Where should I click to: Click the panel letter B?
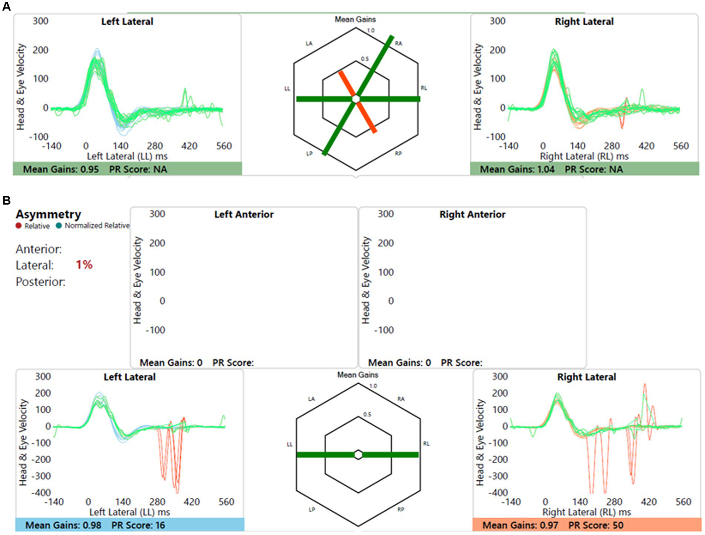point(6,200)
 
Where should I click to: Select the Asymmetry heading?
point(48,214)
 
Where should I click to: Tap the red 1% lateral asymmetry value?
point(84,265)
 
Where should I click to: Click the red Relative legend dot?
point(18,226)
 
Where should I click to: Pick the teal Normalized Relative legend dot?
point(59,226)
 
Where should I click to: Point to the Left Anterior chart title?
point(243,215)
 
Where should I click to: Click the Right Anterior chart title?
point(472,215)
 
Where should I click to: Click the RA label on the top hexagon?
point(398,44)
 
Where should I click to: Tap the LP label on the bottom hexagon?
point(312,510)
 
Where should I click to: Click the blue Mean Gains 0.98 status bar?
point(130,525)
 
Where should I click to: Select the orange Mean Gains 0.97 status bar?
point(587,525)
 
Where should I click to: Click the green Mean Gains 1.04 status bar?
point(584,169)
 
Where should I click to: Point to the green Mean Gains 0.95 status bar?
point(127,169)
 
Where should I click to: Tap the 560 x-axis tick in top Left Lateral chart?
point(224,146)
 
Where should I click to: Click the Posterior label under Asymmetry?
point(40,282)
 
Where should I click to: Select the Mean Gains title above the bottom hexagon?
point(358,375)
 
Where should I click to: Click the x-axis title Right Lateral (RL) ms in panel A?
point(584,156)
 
